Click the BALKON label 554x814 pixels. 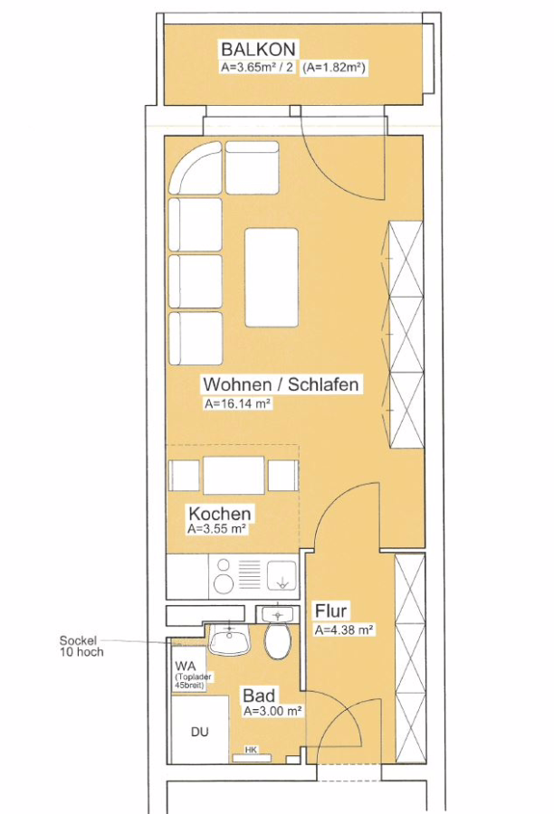(258, 50)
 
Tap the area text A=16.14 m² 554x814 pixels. (237, 404)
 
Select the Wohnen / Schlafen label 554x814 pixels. (281, 384)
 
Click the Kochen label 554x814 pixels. (219, 514)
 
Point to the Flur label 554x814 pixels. (330, 611)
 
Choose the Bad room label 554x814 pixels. (259, 696)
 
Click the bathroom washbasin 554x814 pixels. (229, 638)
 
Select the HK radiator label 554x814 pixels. (251, 750)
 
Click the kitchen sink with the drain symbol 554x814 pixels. (282, 577)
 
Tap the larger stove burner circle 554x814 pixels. (224, 583)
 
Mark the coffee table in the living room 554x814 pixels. (272, 278)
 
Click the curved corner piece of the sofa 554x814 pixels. (196, 168)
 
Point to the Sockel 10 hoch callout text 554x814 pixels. (81, 646)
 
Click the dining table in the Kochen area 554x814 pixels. (234, 475)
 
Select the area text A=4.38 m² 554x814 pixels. (344, 630)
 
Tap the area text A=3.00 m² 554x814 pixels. (272, 711)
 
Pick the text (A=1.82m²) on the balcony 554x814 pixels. (334, 68)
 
